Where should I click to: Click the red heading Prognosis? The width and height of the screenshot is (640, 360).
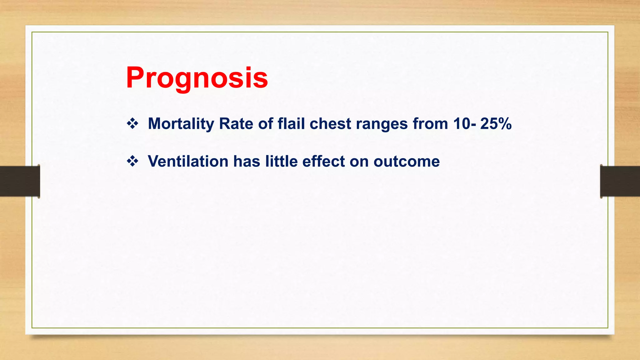pyautogui.click(x=197, y=78)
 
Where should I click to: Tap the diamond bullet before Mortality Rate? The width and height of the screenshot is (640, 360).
pyautogui.click(x=132, y=124)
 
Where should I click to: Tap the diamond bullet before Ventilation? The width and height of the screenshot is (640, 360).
pyautogui.click(x=132, y=162)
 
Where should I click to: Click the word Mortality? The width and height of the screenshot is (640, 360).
pyautogui.click(x=181, y=124)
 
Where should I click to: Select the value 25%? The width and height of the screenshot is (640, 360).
pyautogui.click(x=496, y=124)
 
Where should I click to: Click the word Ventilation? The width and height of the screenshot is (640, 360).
pyautogui.click(x=188, y=162)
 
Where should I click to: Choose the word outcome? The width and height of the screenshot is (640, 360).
pyautogui.click(x=407, y=162)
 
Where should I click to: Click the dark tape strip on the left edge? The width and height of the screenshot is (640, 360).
pyautogui.click(x=19, y=181)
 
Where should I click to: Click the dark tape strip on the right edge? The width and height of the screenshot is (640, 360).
pyautogui.click(x=620, y=181)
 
